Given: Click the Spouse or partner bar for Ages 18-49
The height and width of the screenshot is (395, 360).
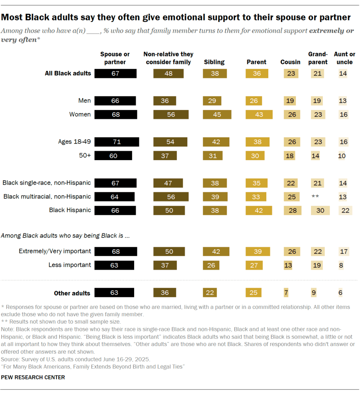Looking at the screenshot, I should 117,142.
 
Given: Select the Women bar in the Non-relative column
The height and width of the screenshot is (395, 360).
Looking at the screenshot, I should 171,115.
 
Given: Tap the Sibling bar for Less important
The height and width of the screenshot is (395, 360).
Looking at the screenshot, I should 211,265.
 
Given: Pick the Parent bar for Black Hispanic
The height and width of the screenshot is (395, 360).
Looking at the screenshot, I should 259,210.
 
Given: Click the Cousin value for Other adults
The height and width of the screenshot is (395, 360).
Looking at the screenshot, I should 286,293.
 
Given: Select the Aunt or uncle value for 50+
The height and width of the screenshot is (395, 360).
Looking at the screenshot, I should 341,156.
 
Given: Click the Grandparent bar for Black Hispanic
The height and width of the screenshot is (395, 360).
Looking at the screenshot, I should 320,210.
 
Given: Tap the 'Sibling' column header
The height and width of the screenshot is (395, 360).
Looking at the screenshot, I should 214,62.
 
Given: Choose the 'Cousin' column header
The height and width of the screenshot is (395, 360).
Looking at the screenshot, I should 291,62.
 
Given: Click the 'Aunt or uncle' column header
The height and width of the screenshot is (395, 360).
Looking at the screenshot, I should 344,58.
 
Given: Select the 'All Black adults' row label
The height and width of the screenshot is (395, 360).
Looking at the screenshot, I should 68,73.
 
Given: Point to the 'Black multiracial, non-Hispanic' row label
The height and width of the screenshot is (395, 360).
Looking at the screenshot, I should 47,197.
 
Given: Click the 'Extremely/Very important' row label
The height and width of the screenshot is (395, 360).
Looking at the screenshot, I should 55,251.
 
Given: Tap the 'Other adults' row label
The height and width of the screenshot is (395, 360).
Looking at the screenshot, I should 72,293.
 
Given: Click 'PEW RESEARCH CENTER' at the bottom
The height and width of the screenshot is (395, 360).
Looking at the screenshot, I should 33,377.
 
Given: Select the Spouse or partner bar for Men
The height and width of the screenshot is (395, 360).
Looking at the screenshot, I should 115,101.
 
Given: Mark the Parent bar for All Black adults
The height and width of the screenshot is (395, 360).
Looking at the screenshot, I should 256,73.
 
